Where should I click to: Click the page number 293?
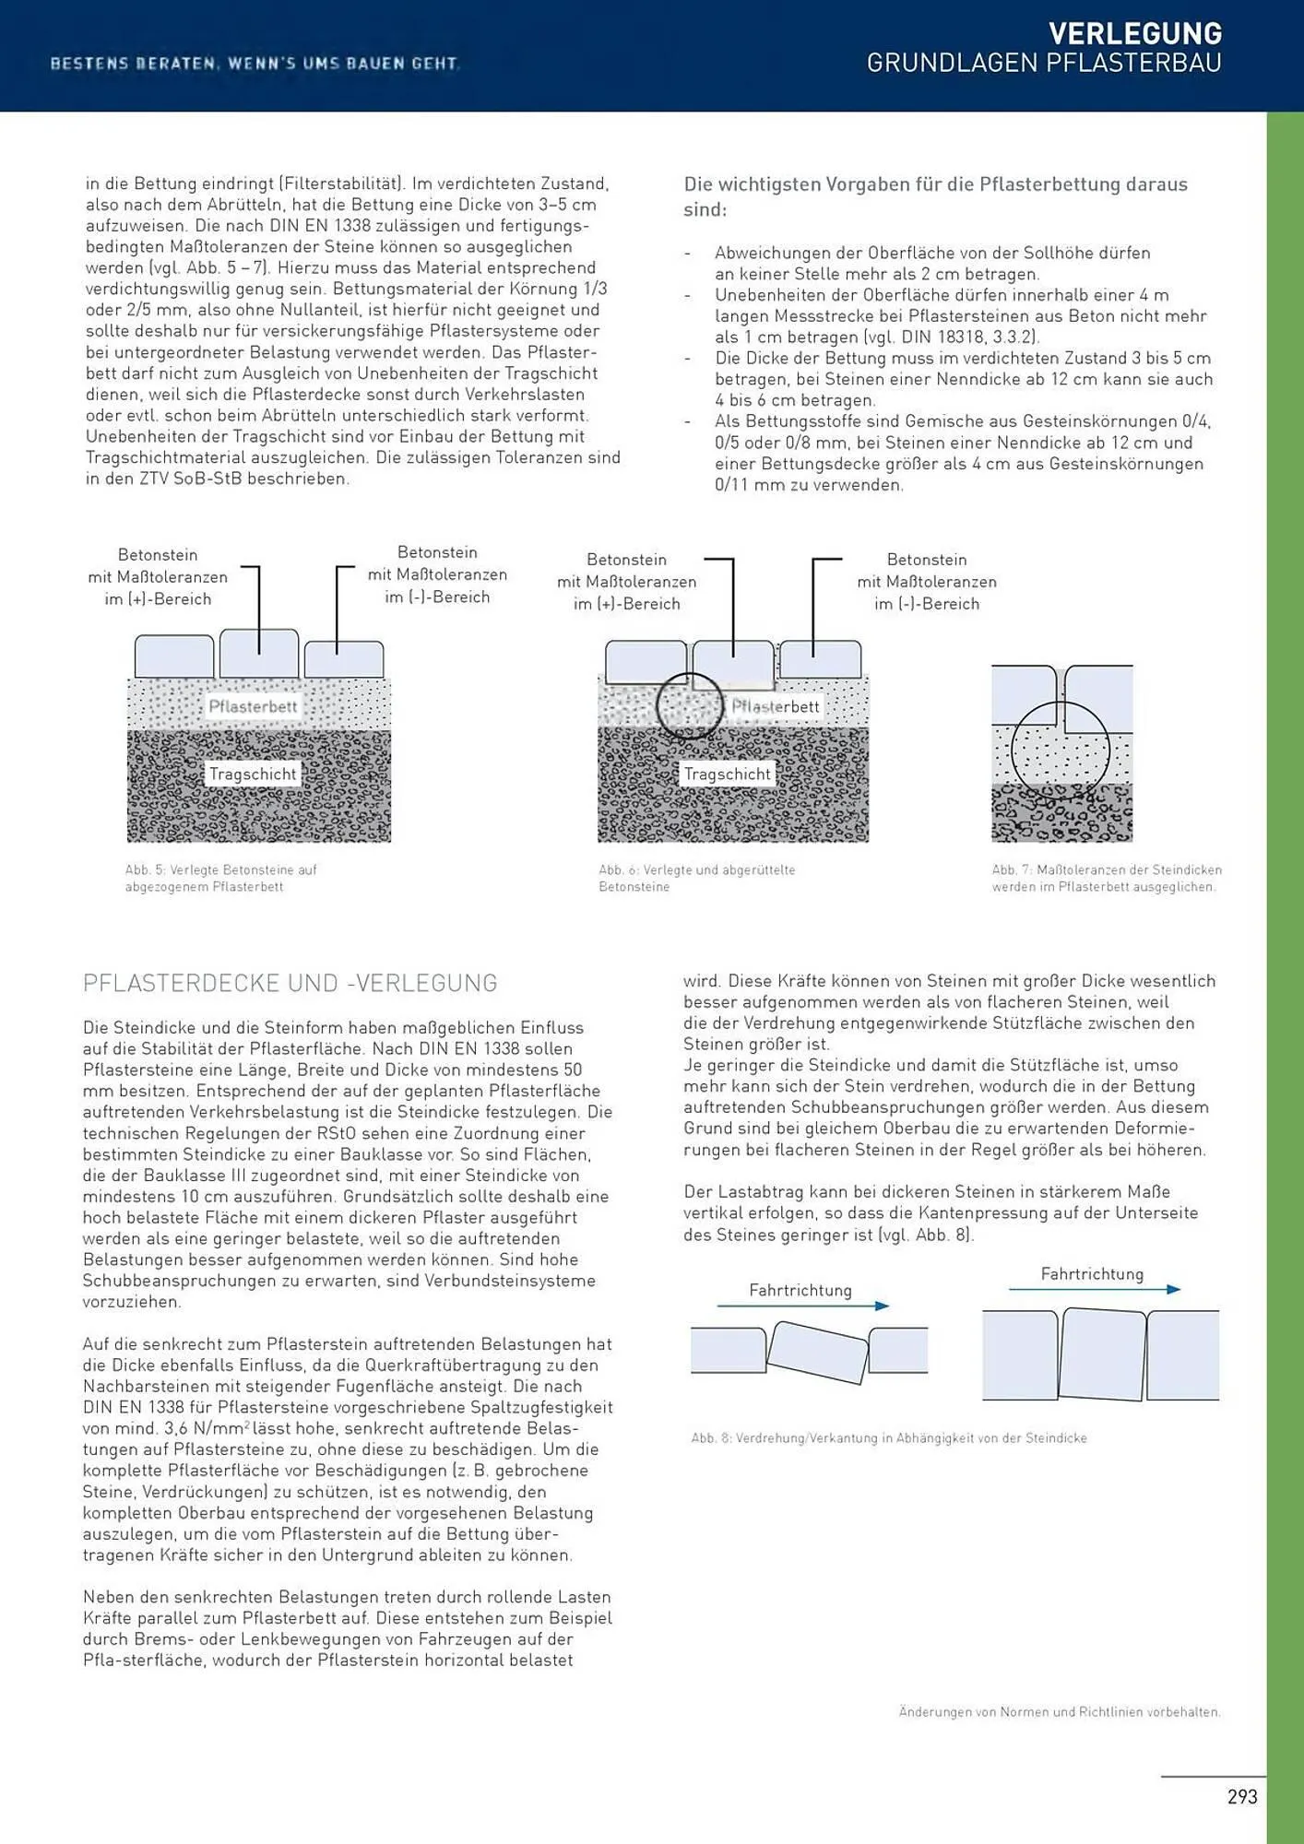click(1241, 1796)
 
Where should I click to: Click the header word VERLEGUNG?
click(1134, 34)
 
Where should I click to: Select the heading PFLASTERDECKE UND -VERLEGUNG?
click(290, 983)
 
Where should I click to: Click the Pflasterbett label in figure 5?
click(253, 707)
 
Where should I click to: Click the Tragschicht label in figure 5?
click(253, 774)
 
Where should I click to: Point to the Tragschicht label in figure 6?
click(727, 774)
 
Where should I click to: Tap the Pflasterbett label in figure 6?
click(776, 707)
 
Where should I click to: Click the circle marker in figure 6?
click(690, 706)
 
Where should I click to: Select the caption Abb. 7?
click(1106, 878)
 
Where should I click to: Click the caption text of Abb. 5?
click(221, 878)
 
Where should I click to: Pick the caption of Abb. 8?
click(889, 1437)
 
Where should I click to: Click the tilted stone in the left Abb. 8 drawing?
click(818, 1353)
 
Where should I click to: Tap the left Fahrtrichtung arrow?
click(802, 1306)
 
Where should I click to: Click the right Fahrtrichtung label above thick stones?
click(1092, 1273)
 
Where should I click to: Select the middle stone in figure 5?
click(259, 653)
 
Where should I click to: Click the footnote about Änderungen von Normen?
click(1059, 1711)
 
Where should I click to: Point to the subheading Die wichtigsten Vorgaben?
click(935, 195)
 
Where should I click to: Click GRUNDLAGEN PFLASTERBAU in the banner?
click(1043, 63)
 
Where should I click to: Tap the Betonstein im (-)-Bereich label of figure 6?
click(926, 582)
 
